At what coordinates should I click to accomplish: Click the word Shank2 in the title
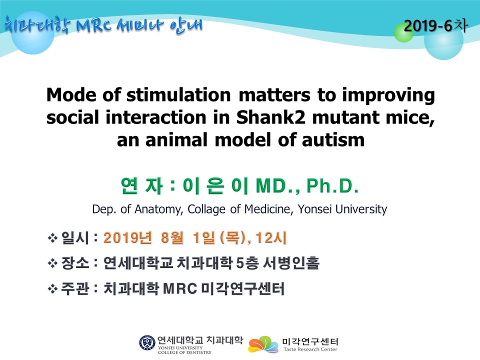[270, 117]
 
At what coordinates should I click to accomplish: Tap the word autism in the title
[333, 140]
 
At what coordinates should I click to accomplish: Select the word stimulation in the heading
[178, 94]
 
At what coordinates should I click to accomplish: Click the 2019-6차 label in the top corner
[435, 25]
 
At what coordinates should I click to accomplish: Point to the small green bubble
[403, 33]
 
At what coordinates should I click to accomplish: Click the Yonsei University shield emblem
[147, 343]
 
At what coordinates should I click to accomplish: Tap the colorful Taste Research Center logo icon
[263, 344]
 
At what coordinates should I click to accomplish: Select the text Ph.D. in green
[332, 186]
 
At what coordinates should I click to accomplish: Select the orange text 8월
[172, 237]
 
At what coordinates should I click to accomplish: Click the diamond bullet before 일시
[52, 238]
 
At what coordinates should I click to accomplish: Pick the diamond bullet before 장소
[52, 263]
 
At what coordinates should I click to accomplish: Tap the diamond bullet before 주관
[52, 288]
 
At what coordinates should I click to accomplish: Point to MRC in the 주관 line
[180, 288]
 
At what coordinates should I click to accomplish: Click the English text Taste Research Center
[310, 349]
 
